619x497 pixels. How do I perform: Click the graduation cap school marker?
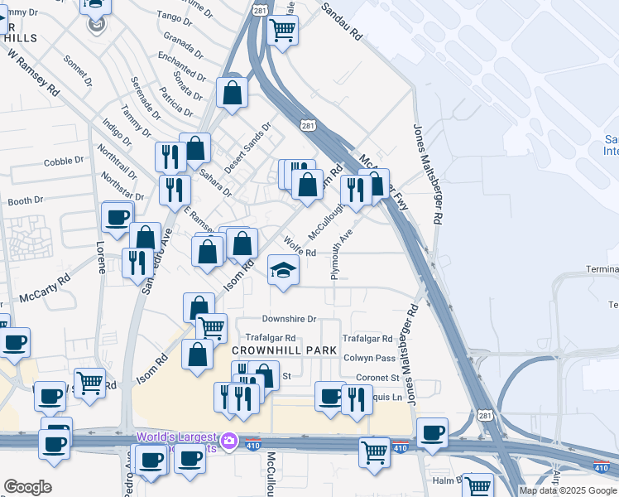[x=283, y=270]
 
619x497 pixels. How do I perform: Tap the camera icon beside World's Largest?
[x=229, y=440]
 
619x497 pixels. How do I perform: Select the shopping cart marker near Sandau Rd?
[x=283, y=31]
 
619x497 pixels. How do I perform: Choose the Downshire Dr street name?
[x=289, y=319]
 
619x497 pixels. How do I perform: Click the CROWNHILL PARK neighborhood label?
[x=275, y=350]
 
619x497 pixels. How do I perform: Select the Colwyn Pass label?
[x=370, y=358]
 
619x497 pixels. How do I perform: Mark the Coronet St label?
[x=377, y=378]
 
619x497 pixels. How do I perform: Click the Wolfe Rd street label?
[x=300, y=248]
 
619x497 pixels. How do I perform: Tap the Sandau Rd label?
[x=341, y=22]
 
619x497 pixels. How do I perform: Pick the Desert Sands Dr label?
[x=247, y=147]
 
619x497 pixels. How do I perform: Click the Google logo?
[x=27, y=487]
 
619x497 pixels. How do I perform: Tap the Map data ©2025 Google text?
[x=569, y=490]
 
